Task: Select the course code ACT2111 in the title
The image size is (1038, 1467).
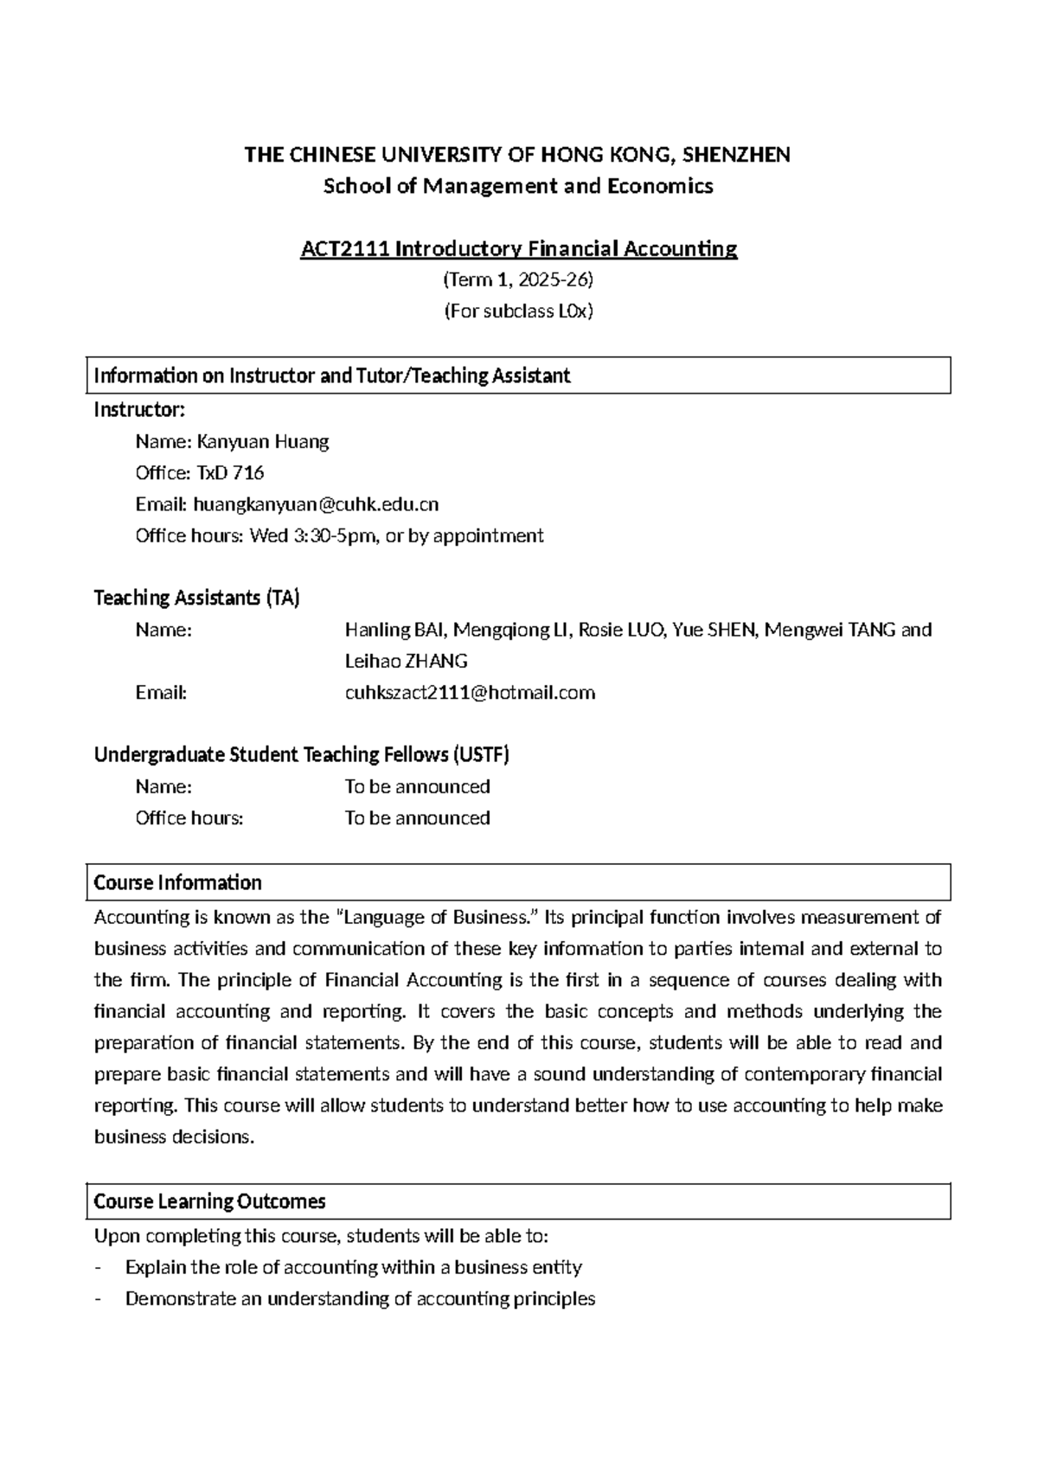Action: (343, 249)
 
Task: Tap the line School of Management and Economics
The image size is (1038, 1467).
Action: (518, 186)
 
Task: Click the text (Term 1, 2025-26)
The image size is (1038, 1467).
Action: (518, 280)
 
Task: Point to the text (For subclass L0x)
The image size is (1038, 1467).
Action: (518, 311)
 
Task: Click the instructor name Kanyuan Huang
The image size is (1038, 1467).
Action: (263, 442)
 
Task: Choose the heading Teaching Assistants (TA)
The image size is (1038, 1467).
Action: (196, 598)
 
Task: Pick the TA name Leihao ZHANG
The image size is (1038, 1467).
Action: (406, 662)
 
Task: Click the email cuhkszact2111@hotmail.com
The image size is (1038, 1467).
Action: (470, 693)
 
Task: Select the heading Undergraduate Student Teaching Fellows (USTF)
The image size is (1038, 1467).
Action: (301, 755)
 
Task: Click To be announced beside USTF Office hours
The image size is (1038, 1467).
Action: (417, 818)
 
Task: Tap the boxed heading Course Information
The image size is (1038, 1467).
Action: (177, 882)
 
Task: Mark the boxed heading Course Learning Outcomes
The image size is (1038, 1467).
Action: (209, 1201)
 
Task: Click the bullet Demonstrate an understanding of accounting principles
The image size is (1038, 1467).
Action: (360, 1298)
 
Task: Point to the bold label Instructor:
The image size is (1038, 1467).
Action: (139, 410)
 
